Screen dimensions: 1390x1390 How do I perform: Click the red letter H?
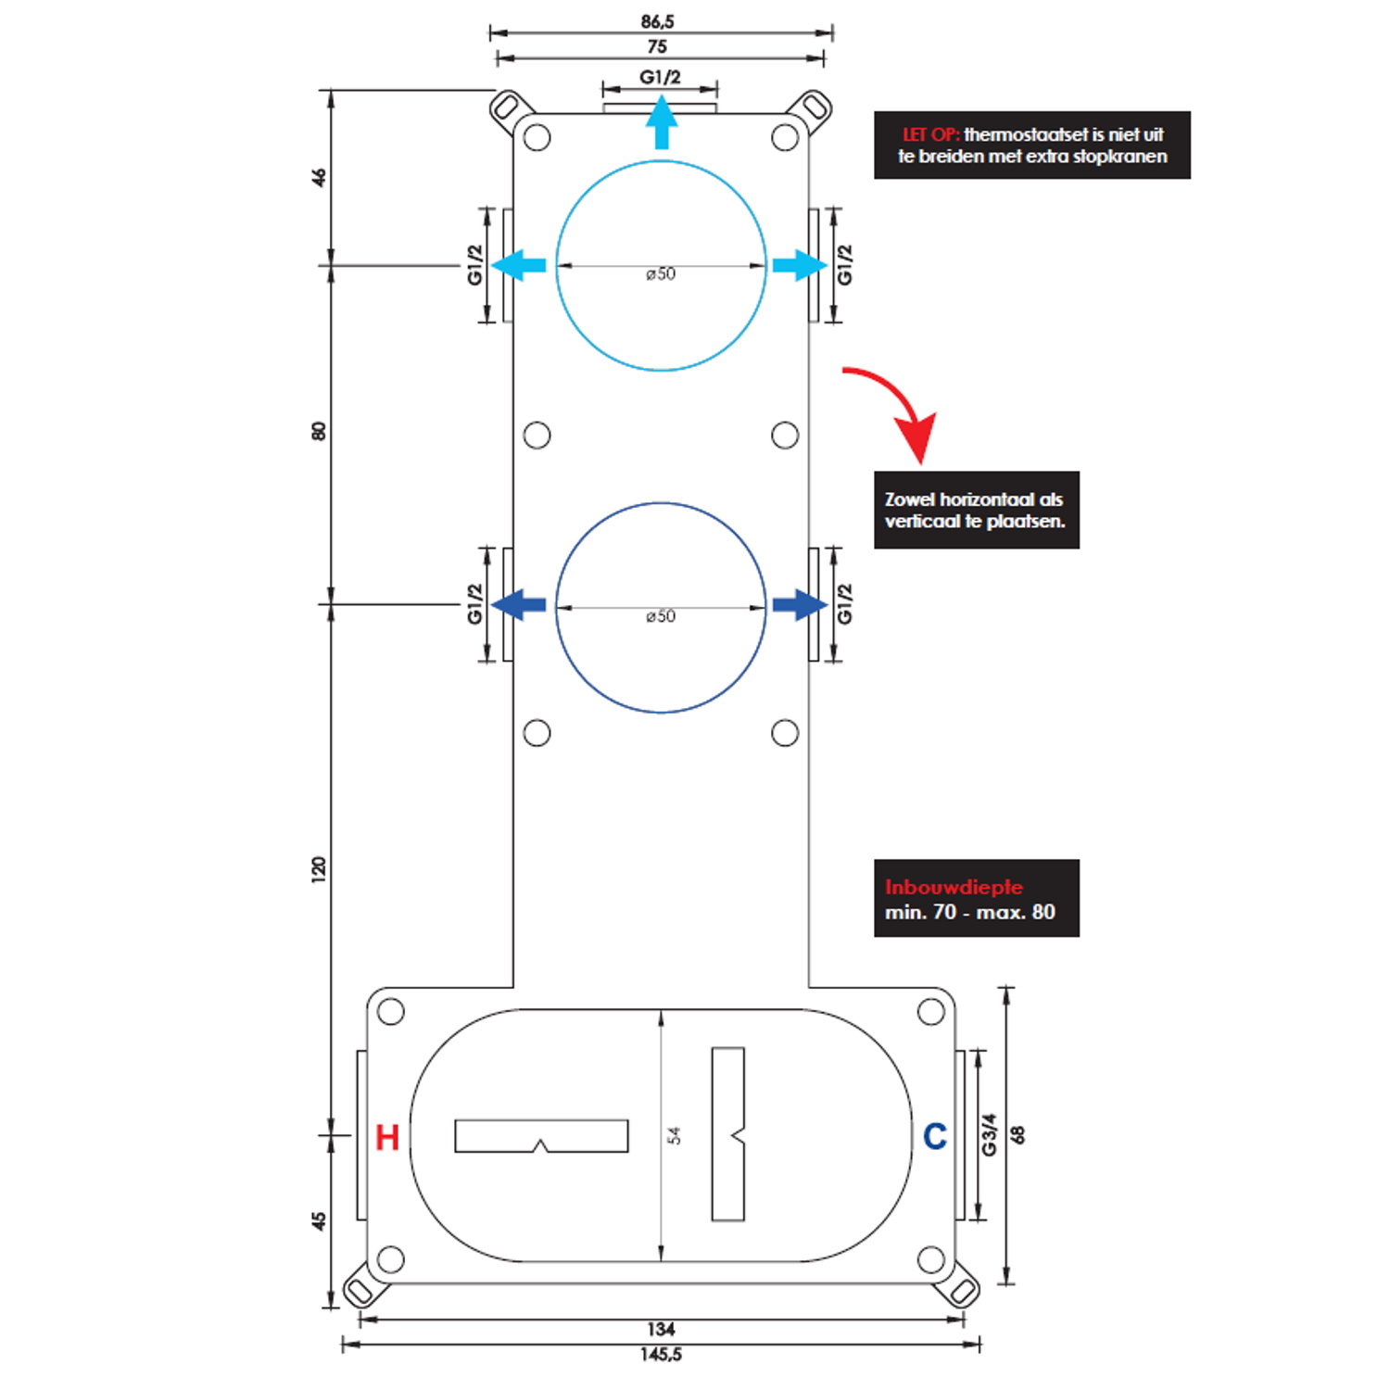tap(387, 1137)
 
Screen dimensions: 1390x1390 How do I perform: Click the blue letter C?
tap(935, 1136)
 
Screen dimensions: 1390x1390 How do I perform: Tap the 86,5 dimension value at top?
tap(657, 21)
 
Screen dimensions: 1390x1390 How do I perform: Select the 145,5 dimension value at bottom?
tap(661, 1355)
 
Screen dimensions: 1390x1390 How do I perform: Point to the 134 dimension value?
tap(661, 1329)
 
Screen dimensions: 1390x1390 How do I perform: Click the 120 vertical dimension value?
tap(319, 869)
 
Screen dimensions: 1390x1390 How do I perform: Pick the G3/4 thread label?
tap(989, 1135)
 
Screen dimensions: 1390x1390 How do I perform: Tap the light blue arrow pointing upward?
tap(661, 123)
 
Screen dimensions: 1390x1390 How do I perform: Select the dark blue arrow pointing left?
tap(518, 605)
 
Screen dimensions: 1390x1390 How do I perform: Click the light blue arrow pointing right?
tap(800, 265)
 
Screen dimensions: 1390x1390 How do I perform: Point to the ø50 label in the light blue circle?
tap(661, 274)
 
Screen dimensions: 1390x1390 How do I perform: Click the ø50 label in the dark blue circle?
tap(661, 616)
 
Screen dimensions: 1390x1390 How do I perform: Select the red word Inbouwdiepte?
tap(954, 887)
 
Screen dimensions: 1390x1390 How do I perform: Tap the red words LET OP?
tap(930, 134)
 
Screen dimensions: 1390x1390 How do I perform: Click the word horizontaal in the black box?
tap(988, 499)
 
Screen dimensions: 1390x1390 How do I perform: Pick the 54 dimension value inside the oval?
tap(675, 1135)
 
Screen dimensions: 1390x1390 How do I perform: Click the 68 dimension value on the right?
tap(1017, 1135)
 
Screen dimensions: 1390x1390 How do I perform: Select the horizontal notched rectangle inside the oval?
tap(541, 1136)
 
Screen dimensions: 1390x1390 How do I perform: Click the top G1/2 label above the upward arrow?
tap(660, 77)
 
